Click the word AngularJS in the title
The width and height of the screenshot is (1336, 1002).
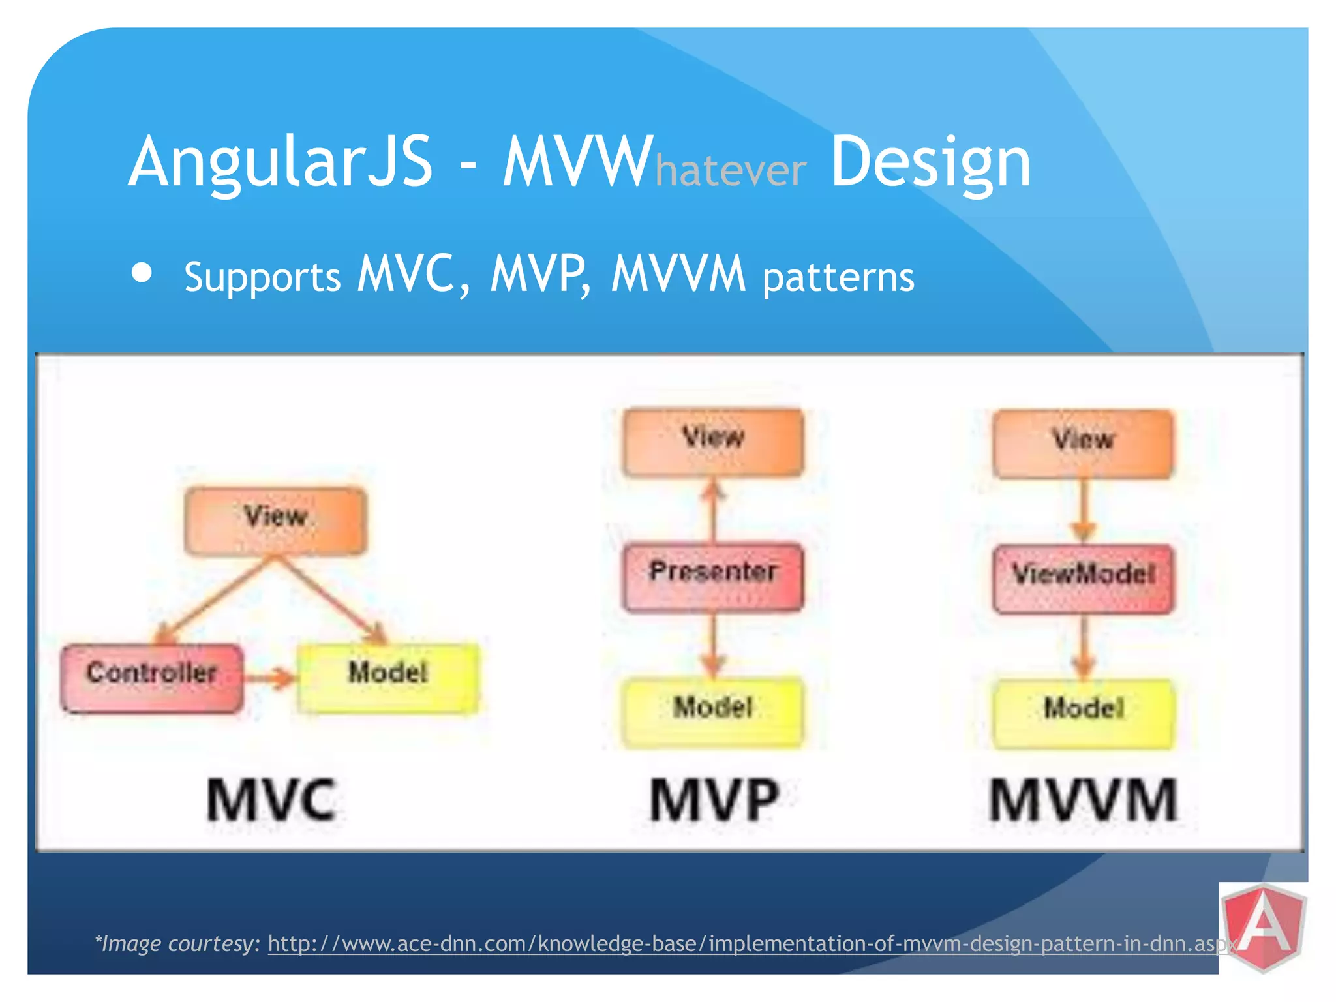[x=281, y=161]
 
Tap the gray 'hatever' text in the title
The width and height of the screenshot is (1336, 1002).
[x=731, y=171]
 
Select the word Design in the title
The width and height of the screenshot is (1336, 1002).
[x=930, y=161]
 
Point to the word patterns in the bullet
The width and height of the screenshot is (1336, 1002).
[x=838, y=277]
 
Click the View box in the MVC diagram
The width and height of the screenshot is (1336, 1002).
[x=275, y=521]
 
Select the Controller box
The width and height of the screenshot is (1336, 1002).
[x=152, y=677]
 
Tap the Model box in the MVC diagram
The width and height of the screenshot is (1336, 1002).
[x=388, y=677]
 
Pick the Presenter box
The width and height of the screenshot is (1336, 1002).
[x=713, y=576]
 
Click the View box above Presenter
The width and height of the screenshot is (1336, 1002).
[x=713, y=442]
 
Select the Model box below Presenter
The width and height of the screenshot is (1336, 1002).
[x=713, y=711]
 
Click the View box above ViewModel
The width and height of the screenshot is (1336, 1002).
[x=1084, y=443]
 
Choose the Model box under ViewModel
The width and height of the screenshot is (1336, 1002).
[x=1084, y=712]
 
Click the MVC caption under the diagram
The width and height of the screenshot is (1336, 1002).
[x=271, y=800]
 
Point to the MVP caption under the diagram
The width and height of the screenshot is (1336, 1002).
[x=714, y=800]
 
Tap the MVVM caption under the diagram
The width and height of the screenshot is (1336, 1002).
[x=1084, y=800]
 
